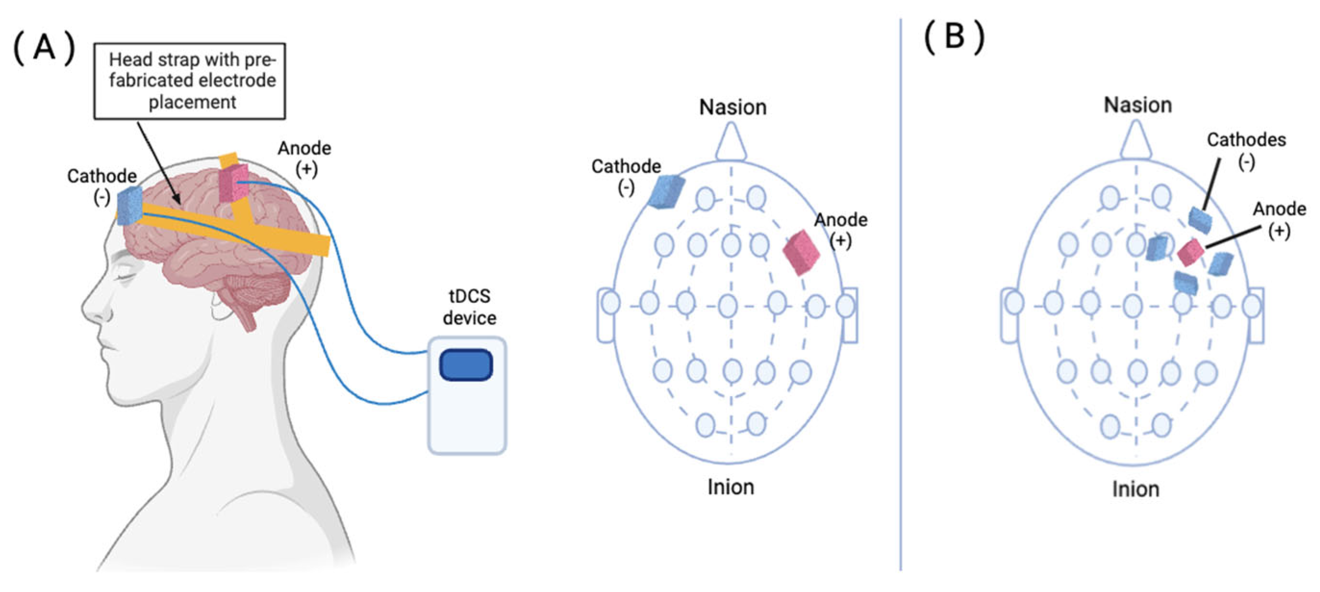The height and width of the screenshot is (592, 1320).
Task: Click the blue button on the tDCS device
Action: [466, 365]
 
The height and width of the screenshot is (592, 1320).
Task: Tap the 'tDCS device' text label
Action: [469, 306]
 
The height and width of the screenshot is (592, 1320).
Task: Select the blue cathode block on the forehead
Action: [130, 205]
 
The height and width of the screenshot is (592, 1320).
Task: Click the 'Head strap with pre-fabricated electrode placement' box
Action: [189, 81]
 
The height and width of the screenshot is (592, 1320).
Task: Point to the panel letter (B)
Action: [954, 38]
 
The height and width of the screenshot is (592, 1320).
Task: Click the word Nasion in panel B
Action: [1137, 105]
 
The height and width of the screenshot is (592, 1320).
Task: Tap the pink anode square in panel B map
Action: [1190, 252]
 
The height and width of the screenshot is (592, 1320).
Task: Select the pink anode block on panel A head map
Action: [801, 252]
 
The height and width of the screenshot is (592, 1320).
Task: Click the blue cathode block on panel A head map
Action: [666, 192]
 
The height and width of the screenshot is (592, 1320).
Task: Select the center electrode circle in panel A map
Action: [728, 306]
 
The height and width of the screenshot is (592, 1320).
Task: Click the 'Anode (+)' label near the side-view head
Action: [304, 158]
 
